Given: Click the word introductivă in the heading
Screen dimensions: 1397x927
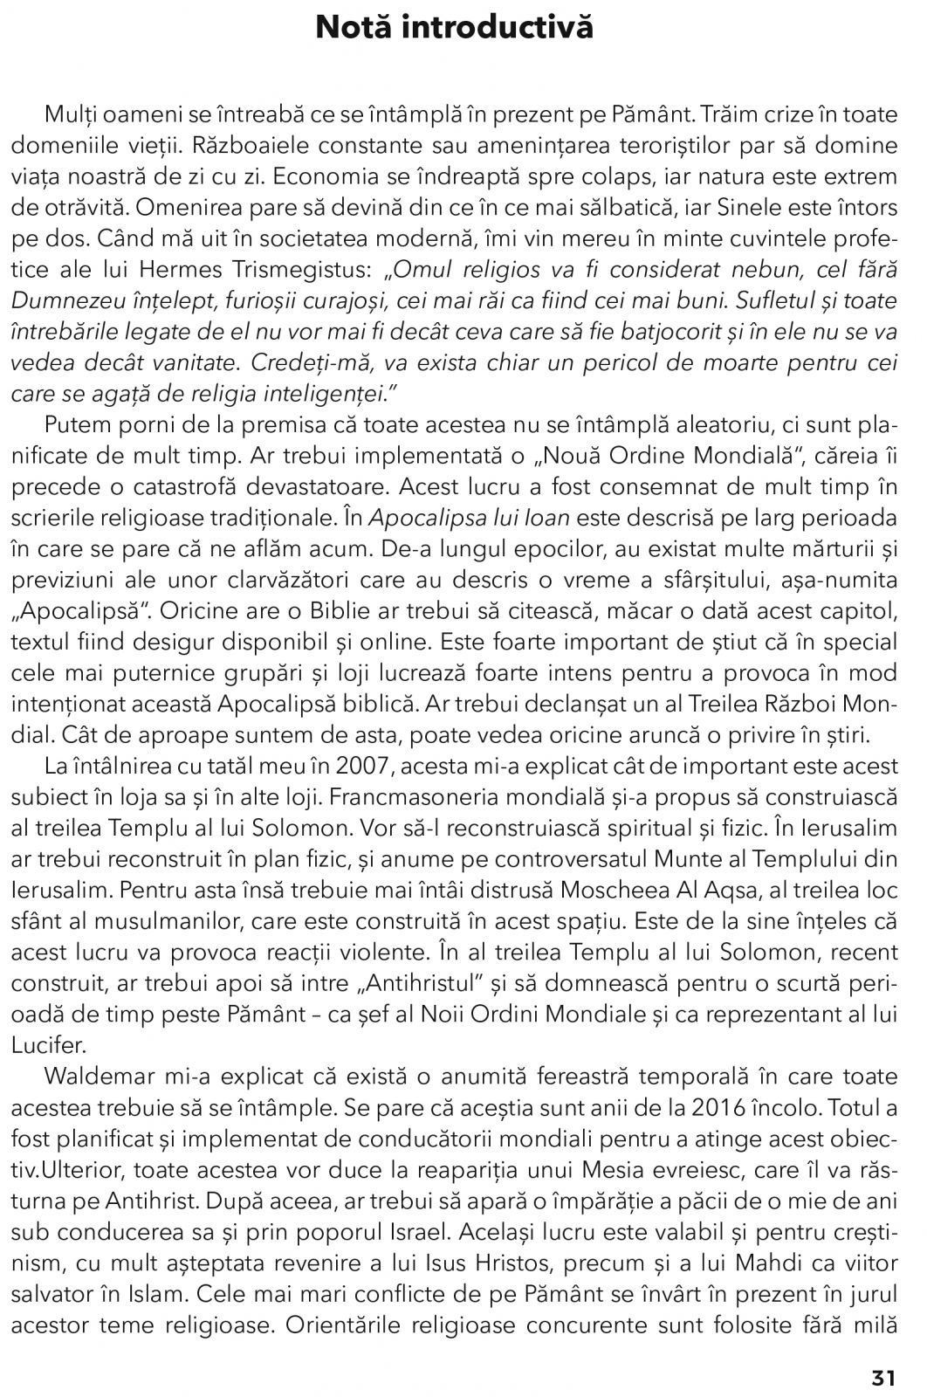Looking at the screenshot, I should point(508,28).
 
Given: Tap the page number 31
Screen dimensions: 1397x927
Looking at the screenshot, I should point(883,1378).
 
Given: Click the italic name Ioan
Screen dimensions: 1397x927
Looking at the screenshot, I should point(548,518).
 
